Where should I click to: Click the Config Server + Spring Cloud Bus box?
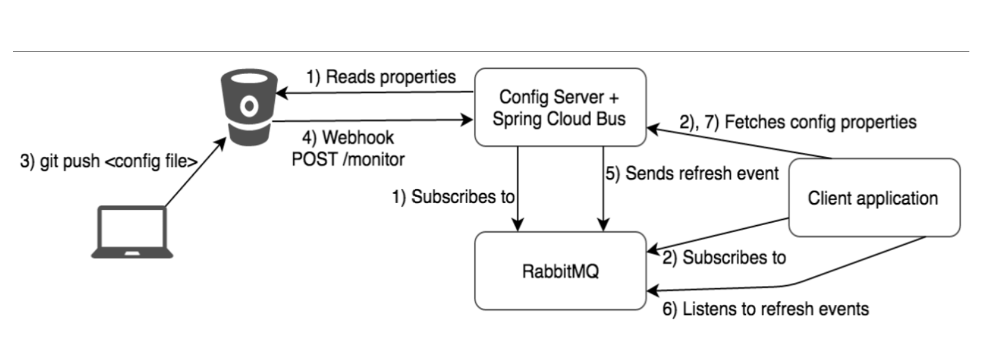click(x=560, y=107)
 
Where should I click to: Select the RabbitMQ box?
click(x=560, y=270)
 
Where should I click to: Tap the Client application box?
click(x=875, y=198)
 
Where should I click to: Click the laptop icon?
click(x=132, y=232)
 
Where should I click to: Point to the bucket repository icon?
click(x=249, y=107)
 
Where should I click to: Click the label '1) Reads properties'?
click(x=381, y=77)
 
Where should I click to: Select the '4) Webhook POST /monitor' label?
click(x=348, y=149)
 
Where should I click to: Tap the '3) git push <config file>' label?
click(x=109, y=161)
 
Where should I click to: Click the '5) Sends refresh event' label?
click(x=692, y=174)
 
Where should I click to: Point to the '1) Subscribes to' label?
click(x=453, y=197)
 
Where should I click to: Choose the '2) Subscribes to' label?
click(x=724, y=258)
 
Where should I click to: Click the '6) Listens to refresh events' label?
click(x=765, y=309)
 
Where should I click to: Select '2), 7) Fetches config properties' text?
click(x=798, y=122)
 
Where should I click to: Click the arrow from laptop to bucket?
click(x=196, y=172)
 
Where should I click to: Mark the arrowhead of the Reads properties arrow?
click(x=281, y=93)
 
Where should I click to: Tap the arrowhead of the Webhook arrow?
click(x=467, y=120)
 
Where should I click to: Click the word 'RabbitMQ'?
click(x=560, y=272)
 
